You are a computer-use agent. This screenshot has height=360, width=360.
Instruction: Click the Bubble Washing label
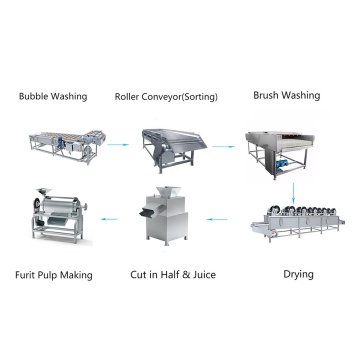53,97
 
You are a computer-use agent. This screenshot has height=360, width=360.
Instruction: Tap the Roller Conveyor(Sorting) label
166,97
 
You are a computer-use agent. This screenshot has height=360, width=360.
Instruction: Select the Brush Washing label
287,95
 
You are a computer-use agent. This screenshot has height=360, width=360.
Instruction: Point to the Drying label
298,275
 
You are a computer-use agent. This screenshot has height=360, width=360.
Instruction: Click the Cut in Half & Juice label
173,275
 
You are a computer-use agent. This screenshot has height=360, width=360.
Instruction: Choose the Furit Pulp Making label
54,275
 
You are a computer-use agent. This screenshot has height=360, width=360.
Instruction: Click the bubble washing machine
68,147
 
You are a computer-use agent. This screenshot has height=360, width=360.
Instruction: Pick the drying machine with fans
298,223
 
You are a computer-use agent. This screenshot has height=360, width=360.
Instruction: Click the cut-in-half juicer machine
164,215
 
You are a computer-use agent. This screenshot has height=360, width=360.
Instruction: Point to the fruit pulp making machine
59,216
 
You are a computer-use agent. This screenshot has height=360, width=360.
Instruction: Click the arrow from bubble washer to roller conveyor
118,145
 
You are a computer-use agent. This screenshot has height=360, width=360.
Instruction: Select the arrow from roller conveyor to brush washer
224,146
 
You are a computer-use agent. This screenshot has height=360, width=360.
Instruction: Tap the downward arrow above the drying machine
293,193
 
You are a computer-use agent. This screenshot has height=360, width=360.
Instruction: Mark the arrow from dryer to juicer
217,219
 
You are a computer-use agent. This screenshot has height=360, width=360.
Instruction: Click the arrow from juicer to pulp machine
109,219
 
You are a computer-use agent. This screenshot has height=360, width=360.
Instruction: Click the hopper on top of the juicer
168,191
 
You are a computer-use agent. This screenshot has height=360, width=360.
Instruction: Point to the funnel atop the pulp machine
44,192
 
